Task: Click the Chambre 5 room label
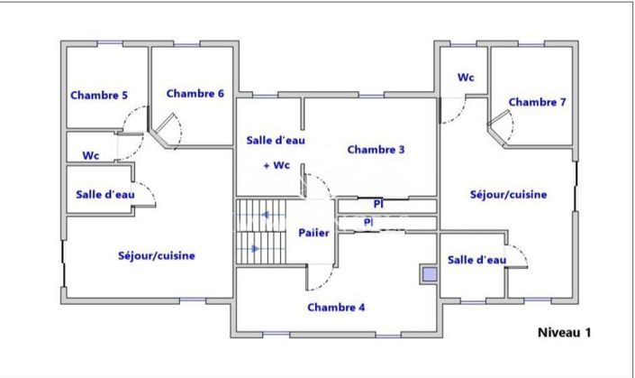[x=99, y=95]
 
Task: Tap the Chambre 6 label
[x=195, y=93]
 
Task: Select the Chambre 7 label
[x=537, y=102]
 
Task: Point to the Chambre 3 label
[x=376, y=150]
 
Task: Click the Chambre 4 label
[x=336, y=307]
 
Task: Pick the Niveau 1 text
[x=564, y=332]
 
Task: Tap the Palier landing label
[x=313, y=233]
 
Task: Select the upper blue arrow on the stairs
[x=266, y=215]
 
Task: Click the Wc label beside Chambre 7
[x=466, y=78]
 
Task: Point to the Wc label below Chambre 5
[x=91, y=155]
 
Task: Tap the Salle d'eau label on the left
[x=105, y=194]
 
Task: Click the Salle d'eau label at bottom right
[x=476, y=260]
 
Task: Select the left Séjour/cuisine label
[x=157, y=255]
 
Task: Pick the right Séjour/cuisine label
[x=508, y=194]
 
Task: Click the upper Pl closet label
[x=377, y=204]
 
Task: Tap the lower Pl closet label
[x=368, y=221]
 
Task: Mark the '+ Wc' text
[x=276, y=165]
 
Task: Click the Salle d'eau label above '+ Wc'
[x=276, y=141]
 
